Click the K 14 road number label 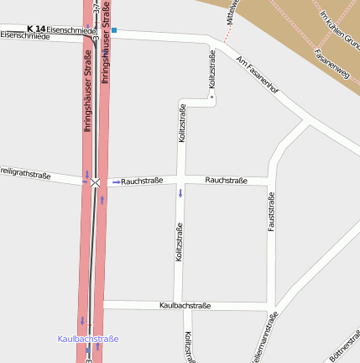[36, 29]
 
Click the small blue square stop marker [114, 30]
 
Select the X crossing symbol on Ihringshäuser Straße [96, 181]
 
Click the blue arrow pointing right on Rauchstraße [116, 181]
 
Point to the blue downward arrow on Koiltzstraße [180, 194]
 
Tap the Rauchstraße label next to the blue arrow [142, 181]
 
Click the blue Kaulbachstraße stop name [88, 339]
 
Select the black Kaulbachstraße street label [185, 306]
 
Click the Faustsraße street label [271, 213]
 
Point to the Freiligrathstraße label [25, 173]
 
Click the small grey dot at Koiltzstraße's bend [211, 97]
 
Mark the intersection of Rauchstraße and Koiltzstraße [180, 181]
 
